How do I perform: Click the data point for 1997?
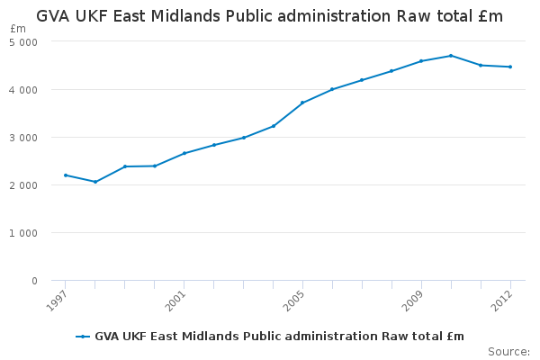click(66, 175)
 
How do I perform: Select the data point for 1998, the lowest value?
click(95, 182)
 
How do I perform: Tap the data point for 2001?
click(184, 153)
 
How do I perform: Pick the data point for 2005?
click(302, 103)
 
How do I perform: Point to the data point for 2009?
click(421, 61)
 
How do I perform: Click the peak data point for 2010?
click(451, 56)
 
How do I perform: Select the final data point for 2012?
click(510, 67)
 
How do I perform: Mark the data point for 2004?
click(274, 126)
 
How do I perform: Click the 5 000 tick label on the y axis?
click(25, 42)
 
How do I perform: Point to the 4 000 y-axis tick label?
click(25, 90)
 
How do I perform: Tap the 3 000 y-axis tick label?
click(25, 138)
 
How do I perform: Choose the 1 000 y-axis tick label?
click(25, 233)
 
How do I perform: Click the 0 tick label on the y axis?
click(34, 281)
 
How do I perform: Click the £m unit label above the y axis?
click(18, 29)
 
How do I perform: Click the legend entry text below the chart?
click(279, 337)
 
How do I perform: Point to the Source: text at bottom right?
click(508, 351)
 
